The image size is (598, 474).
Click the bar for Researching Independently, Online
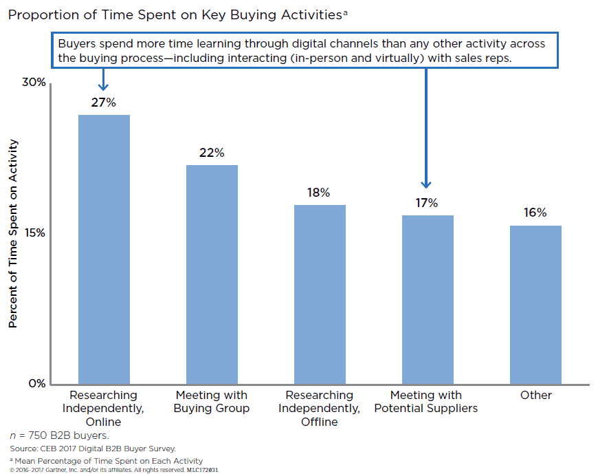coord(104,249)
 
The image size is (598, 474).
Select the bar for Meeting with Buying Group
coord(212,274)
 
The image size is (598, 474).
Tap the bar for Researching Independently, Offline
coord(320,294)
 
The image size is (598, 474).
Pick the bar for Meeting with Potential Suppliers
coord(428,299)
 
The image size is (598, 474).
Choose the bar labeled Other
coord(535,304)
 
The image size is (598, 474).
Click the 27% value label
coord(104,103)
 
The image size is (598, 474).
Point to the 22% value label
coord(212,153)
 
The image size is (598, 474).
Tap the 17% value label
coord(427,203)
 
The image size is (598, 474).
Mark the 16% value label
coord(535,213)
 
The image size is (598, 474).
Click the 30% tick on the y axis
coord(33,83)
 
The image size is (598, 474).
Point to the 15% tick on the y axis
coord(34,233)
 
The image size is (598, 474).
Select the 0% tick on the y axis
coord(36,383)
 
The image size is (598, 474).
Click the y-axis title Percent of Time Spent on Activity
coord(13,233)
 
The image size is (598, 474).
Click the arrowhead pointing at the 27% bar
coord(104,87)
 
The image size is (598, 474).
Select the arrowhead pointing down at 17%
coord(427,184)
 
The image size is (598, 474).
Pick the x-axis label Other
coord(535,395)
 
